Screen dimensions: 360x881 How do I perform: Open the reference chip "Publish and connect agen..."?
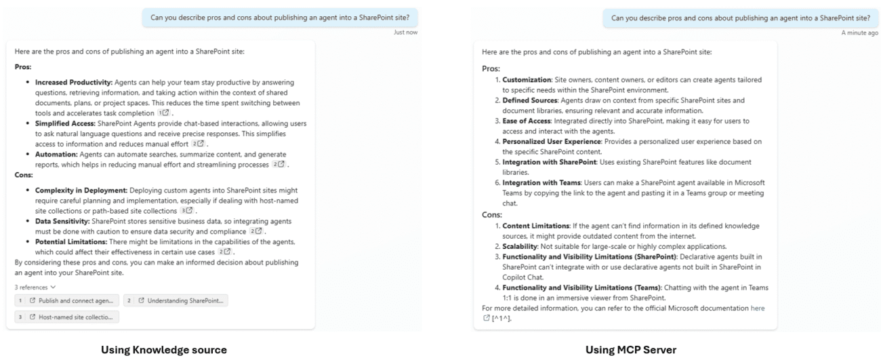coord(66,300)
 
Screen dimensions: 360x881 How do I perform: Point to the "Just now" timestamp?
coord(405,32)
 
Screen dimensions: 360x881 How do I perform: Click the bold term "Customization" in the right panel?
coord(525,81)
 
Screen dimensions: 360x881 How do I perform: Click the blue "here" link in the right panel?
coord(757,308)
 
